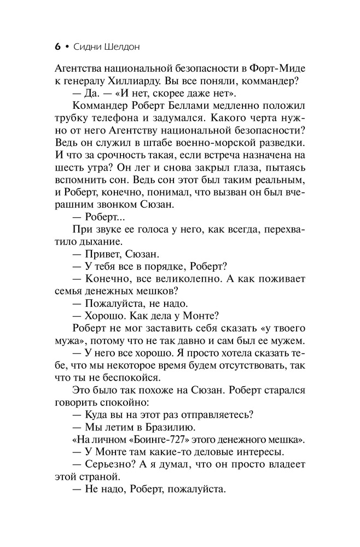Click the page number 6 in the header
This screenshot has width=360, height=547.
coord(57,47)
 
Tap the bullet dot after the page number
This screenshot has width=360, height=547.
coord(67,47)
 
